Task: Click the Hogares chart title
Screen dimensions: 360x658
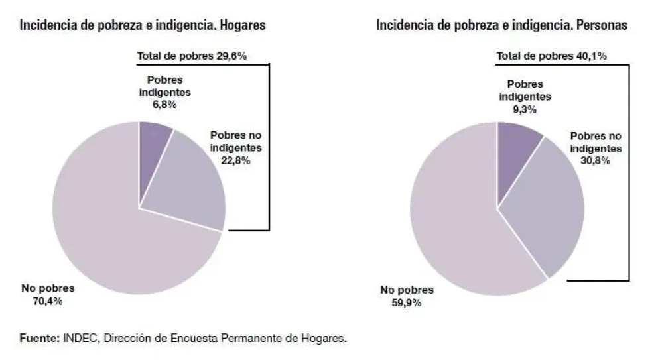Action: tap(143, 26)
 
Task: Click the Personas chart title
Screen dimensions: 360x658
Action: tap(501, 26)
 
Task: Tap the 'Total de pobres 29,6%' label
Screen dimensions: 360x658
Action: tap(192, 56)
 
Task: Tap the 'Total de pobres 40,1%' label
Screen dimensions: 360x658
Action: tap(552, 56)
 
